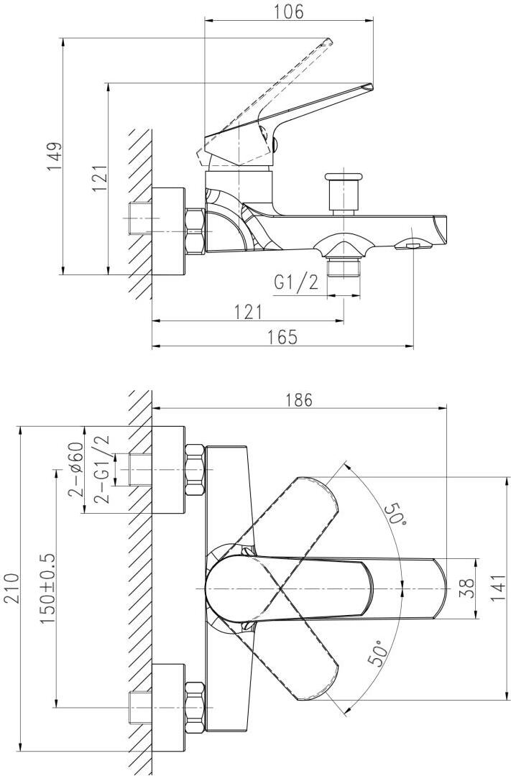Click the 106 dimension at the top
(289, 11)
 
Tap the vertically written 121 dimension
(99, 177)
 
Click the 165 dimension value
(282, 338)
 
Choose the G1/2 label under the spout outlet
(295, 282)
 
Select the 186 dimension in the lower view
(298, 399)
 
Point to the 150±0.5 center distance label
(48, 587)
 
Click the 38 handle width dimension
(466, 588)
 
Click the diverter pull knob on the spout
(342, 190)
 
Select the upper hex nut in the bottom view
(195, 470)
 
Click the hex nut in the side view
(195, 230)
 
